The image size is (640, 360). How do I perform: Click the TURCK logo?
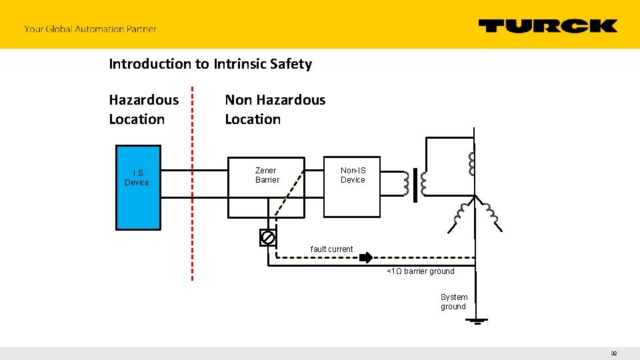pos(547,26)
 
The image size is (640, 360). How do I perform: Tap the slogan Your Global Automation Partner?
pos(90,29)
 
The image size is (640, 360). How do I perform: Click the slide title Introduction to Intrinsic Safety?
pos(210,64)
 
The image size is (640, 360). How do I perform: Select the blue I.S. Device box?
pos(138,187)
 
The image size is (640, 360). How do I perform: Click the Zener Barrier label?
pos(267,175)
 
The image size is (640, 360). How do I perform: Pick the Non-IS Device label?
pos(353,175)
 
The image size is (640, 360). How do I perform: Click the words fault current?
pos(331,249)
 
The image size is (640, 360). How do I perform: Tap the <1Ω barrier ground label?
pos(421,271)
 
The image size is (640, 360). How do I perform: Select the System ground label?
pos(454,302)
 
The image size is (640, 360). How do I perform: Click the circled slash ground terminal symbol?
pos(267,237)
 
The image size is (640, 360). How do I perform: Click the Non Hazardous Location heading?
pos(275,109)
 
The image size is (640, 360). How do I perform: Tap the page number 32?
pos(613,353)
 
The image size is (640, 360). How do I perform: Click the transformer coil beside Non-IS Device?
pos(405,183)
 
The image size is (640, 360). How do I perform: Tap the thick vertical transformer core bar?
pos(415,185)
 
